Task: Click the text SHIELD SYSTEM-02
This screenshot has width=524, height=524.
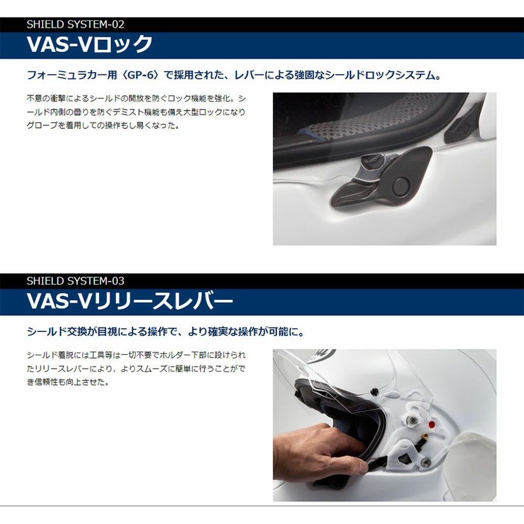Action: (x=75, y=24)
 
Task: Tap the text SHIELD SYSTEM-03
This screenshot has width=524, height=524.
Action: (x=75, y=281)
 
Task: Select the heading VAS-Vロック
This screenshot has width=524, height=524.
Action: (x=90, y=44)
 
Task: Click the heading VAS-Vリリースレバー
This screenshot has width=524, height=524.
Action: (x=130, y=301)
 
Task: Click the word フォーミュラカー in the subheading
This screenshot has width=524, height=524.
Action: (x=67, y=75)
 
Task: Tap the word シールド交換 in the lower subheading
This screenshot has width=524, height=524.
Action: (x=57, y=332)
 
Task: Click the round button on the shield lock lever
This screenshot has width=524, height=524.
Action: (x=400, y=186)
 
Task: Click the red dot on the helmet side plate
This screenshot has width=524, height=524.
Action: (x=432, y=424)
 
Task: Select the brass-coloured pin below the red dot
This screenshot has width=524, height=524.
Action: (x=425, y=436)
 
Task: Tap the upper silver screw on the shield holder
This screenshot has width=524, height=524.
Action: (x=414, y=421)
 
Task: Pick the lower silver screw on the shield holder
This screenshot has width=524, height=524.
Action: (x=426, y=462)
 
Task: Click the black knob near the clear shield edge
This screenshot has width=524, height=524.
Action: (x=375, y=390)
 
